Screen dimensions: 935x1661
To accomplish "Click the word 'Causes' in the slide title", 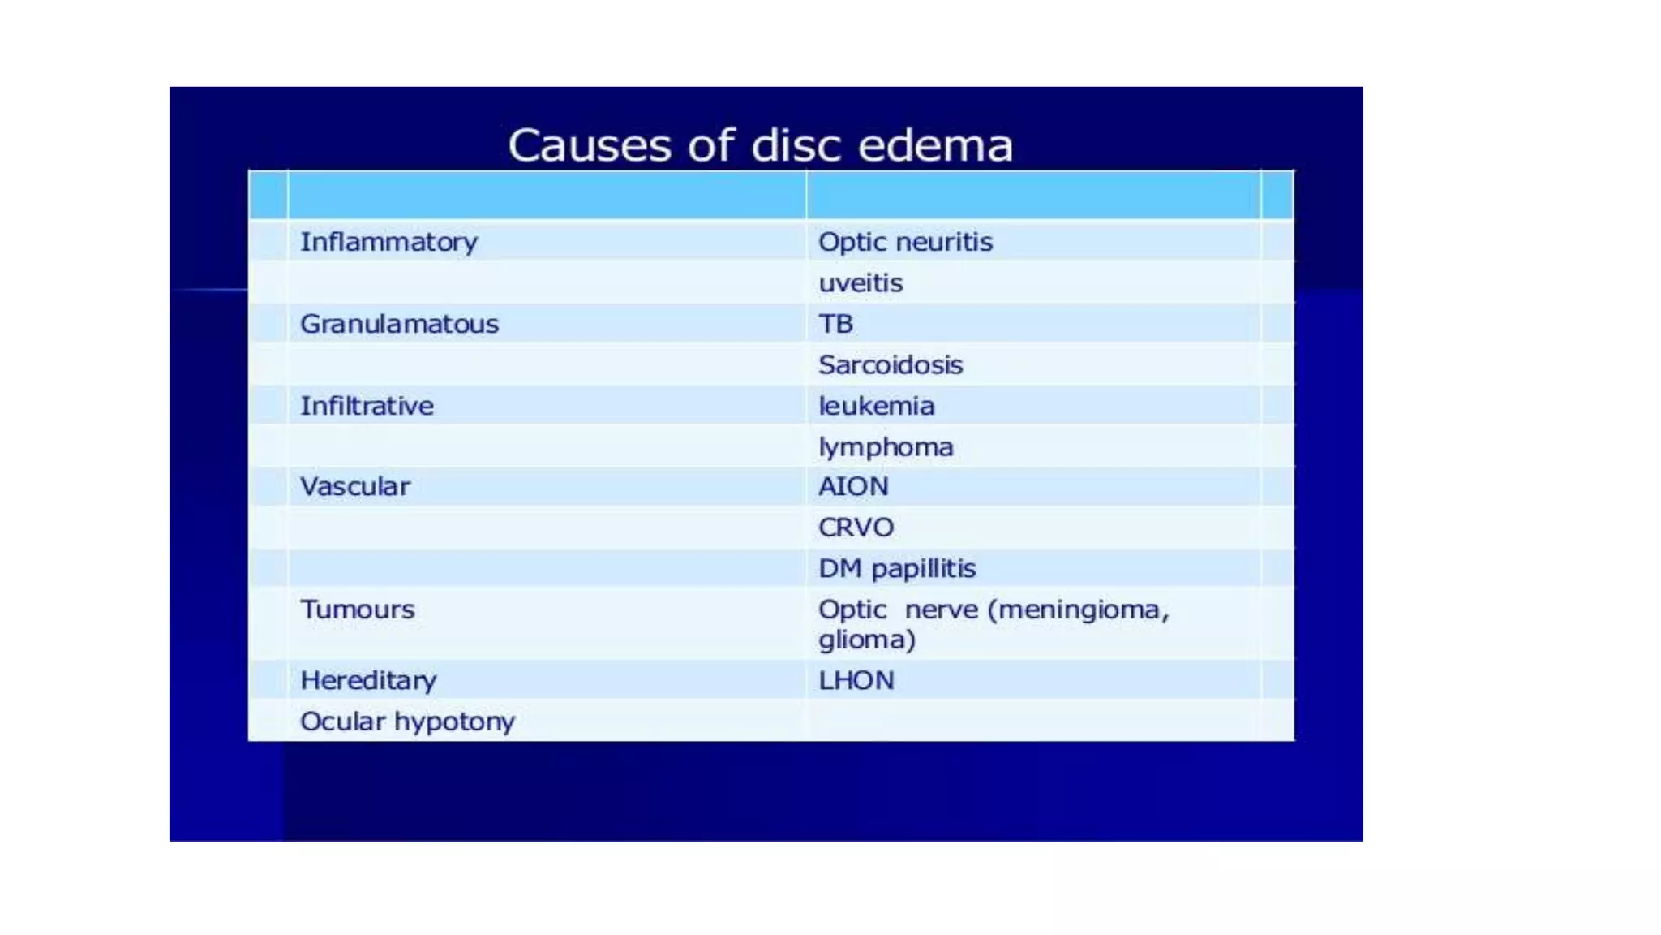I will tap(590, 146).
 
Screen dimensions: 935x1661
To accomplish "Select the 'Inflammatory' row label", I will tap(389, 242).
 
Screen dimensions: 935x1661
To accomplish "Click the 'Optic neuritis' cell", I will tap(905, 242).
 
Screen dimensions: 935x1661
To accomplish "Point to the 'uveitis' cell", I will tap(861, 283).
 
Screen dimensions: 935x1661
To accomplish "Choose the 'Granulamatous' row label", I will tap(399, 324).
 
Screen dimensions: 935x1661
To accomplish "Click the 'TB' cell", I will tap(835, 324).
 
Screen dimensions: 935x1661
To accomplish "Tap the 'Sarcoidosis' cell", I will tap(891, 365).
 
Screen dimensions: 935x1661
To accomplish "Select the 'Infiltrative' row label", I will tap(367, 406).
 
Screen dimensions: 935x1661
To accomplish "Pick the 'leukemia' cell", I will tap(876, 406).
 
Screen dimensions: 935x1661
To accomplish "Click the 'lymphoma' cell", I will tap(886, 447).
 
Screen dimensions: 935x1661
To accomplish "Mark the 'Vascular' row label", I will tap(355, 486).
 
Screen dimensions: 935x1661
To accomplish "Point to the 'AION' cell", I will tap(853, 486).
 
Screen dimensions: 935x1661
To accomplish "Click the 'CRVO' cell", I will tap(856, 528).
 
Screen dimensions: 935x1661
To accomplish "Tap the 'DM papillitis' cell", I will tap(897, 568).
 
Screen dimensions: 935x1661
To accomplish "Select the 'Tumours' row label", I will tap(357, 610).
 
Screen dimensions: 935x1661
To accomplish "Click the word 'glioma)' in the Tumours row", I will tap(867, 640).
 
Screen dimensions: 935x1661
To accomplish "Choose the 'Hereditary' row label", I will tap(368, 680).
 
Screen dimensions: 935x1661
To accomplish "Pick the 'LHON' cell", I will tap(856, 680).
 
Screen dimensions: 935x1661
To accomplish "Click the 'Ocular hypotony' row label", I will tap(407, 722).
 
